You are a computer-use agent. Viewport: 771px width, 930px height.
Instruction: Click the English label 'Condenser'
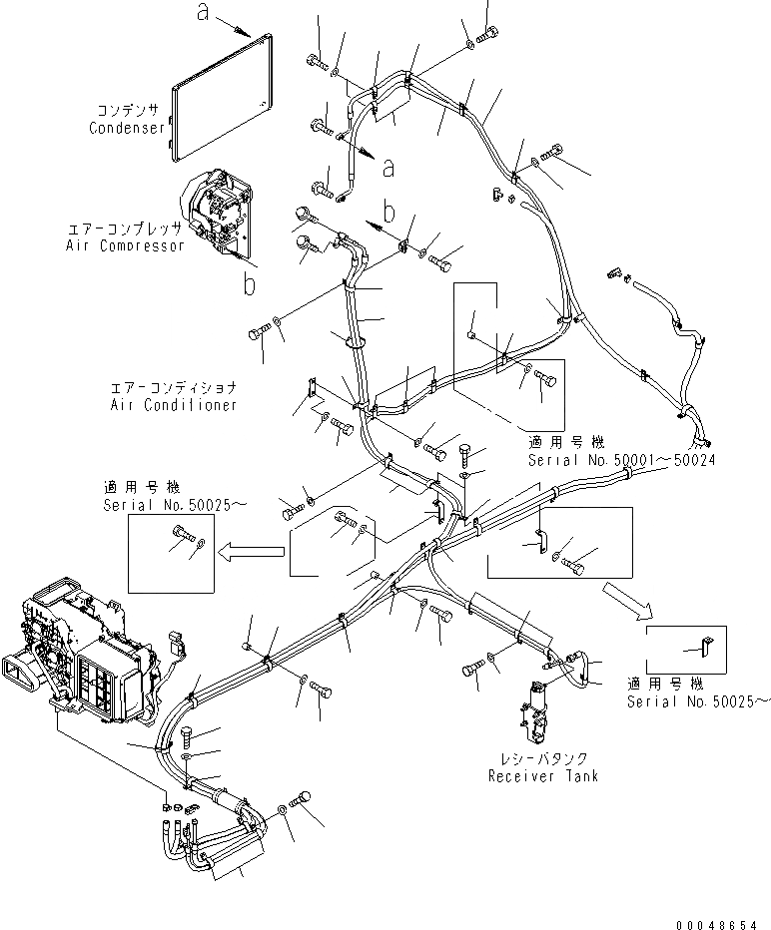click(127, 128)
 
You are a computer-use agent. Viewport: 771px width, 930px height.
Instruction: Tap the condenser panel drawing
click(223, 95)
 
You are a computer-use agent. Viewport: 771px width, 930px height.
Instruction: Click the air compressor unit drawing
click(217, 211)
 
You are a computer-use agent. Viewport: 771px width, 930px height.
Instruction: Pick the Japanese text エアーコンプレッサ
click(128, 229)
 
